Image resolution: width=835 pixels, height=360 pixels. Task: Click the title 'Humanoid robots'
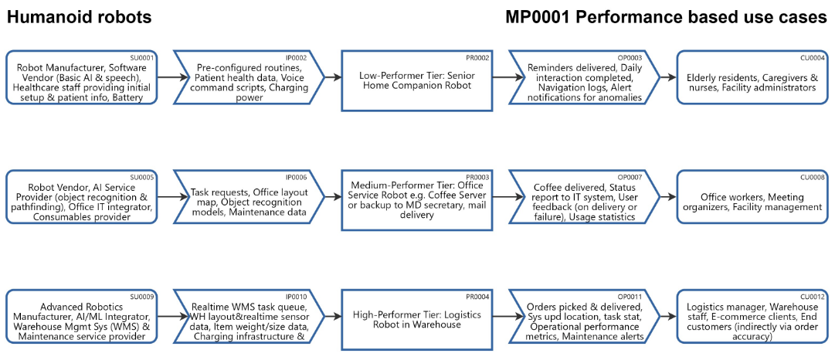point(80,18)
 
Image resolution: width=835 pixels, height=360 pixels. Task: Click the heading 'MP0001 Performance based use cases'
point(666,18)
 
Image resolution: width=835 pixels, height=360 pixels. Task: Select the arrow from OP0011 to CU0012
point(669,315)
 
